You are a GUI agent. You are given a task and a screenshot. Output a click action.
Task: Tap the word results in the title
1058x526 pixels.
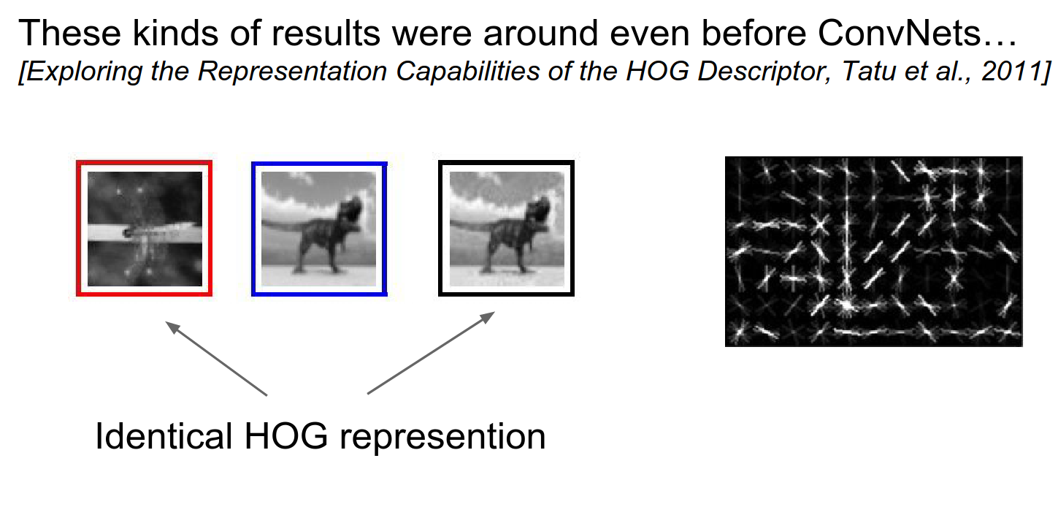tap(326, 33)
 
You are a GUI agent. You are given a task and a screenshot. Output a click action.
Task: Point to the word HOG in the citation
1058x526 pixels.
tap(657, 72)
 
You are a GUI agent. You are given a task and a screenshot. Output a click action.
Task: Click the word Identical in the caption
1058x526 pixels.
tap(164, 435)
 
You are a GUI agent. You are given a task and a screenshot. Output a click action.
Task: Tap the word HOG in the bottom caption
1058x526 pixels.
tap(286, 435)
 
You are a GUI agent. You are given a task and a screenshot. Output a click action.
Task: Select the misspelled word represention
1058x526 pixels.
tap(442, 437)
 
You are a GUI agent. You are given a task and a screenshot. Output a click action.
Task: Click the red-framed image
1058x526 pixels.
tap(144, 228)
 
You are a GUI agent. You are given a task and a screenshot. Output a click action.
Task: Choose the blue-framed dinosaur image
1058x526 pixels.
tap(319, 229)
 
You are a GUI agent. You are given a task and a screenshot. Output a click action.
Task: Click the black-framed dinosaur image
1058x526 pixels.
tap(506, 228)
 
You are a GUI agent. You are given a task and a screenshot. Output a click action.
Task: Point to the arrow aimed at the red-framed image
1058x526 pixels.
tap(216, 358)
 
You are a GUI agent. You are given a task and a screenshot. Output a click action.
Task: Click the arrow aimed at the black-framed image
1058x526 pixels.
tap(431, 353)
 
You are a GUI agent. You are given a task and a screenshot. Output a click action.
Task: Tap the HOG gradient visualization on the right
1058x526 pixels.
tap(874, 251)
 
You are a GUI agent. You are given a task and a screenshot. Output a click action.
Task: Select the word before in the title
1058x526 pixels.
tap(754, 33)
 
